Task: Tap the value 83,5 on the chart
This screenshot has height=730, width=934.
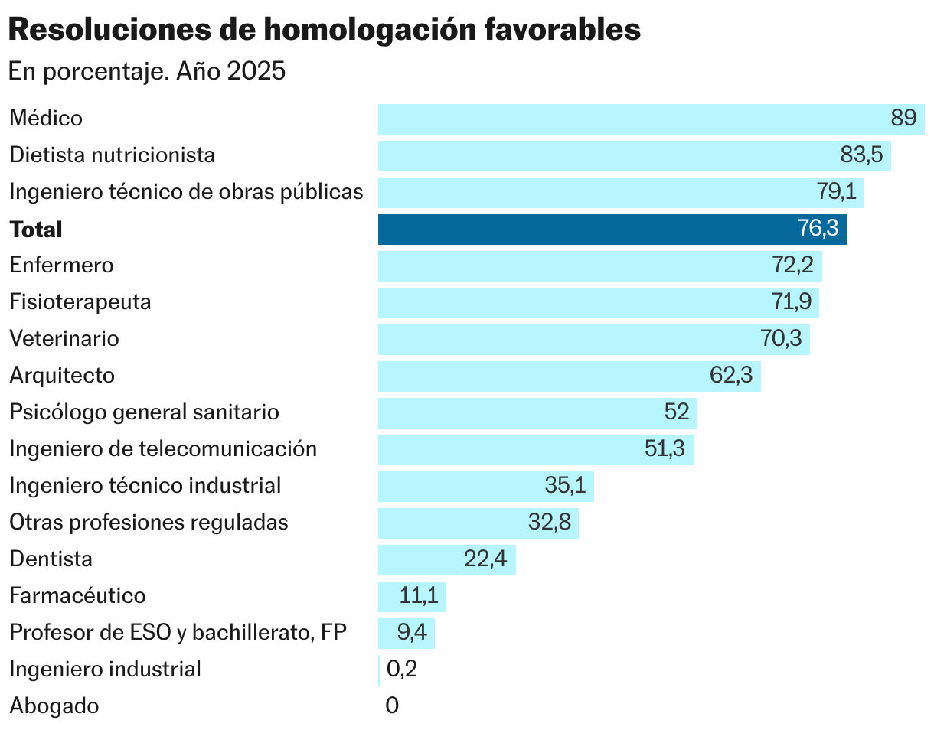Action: (x=861, y=155)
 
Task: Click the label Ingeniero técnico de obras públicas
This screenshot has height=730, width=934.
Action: (x=186, y=192)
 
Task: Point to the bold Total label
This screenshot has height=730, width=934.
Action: (x=36, y=230)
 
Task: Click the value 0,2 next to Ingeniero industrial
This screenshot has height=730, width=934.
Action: (x=402, y=670)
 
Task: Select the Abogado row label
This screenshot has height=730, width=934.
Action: (x=54, y=706)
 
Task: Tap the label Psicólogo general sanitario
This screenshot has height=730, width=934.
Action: (x=144, y=412)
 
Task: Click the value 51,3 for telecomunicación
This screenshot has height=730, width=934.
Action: (x=665, y=449)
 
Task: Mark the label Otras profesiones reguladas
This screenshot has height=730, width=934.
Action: (x=149, y=523)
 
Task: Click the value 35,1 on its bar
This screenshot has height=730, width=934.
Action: (x=565, y=486)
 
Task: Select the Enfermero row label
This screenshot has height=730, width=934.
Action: (x=61, y=266)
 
